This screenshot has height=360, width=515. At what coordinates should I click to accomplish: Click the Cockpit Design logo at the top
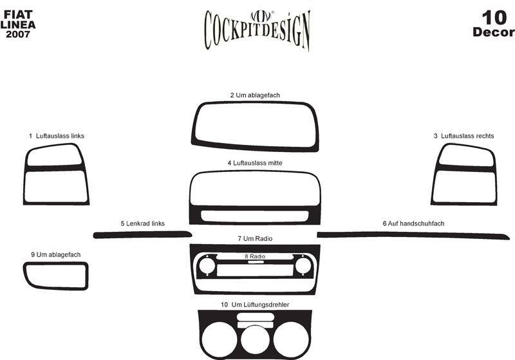coord(257,29)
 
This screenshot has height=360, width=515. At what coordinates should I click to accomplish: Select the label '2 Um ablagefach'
coord(255,95)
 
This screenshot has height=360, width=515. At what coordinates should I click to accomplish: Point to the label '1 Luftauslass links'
coord(57,136)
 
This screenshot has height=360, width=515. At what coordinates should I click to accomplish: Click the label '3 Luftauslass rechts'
coord(464,136)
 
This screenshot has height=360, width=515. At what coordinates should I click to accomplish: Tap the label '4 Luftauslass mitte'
coord(255,164)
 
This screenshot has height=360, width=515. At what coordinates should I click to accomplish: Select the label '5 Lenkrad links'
coord(142,223)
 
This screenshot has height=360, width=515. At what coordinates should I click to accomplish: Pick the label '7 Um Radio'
coord(255,239)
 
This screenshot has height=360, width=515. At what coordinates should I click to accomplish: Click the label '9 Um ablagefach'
coord(55,255)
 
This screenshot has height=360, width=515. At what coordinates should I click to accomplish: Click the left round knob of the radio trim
coord(207,265)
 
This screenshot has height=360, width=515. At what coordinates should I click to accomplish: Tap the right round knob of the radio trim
coord(303,265)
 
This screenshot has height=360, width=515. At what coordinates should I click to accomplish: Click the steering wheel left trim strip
coord(142,234)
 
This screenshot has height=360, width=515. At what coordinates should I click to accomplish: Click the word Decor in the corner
coord(493,32)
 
